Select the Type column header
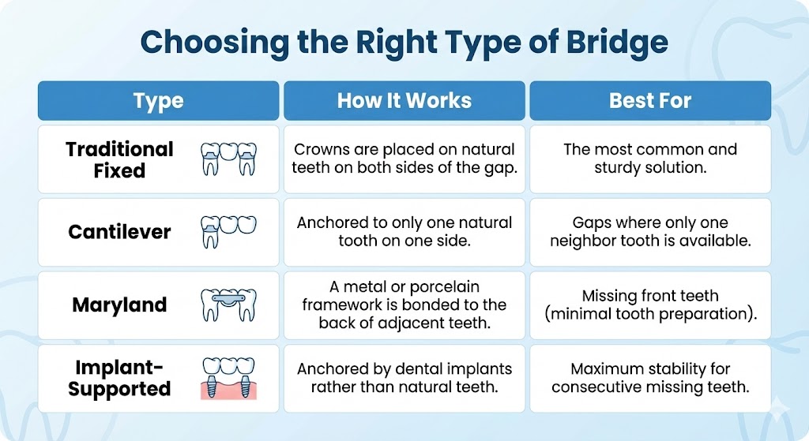point(158,101)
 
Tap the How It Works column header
point(404,101)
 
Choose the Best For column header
point(649,101)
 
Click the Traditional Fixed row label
point(119,159)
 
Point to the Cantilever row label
point(119,232)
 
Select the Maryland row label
point(119,305)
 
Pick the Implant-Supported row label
point(119,378)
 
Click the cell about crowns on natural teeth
point(404,159)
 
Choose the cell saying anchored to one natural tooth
point(404,232)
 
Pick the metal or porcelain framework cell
point(404,305)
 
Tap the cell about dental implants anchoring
point(404,378)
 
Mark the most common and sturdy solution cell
point(649,159)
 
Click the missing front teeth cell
point(649,305)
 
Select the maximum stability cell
point(649,378)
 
